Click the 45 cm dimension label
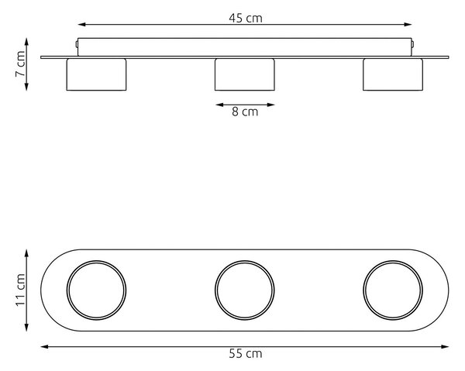[246, 19]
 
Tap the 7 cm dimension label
[20, 64]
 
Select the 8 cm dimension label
[245, 112]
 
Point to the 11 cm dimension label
[20, 290]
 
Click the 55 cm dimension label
[246, 354]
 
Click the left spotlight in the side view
[96, 74]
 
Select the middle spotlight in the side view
[245, 74]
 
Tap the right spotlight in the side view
[393, 74]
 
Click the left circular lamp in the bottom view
[67, 290]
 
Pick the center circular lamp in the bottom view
[215, 290]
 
